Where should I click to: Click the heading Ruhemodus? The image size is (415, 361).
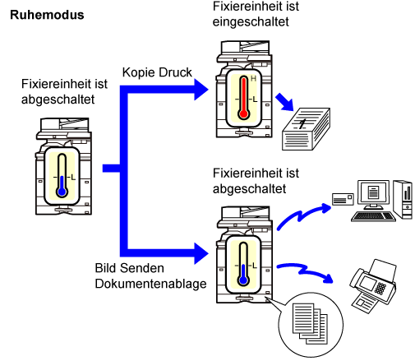(x=47, y=15)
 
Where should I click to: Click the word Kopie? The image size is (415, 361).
(x=139, y=72)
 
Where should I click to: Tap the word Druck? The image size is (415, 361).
(x=175, y=72)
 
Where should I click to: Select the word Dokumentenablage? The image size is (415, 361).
(x=150, y=284)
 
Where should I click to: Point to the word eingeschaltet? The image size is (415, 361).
(x=251, y=21)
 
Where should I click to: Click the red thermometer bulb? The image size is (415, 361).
(x=243, y=113)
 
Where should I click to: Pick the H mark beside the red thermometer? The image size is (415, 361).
(x=253, y=79)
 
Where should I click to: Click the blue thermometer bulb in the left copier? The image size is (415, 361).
(x=62, y=192)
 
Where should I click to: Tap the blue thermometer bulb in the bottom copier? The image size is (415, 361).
(x=243, y=280)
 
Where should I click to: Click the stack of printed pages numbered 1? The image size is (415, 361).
(x=306, y=129)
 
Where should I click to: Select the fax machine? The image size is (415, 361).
(x=373, y=286)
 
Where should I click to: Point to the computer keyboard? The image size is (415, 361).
(x=374, y=216)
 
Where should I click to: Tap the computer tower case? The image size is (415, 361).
(x=403, y=200)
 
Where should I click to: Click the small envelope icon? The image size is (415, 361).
(x=343, y=199)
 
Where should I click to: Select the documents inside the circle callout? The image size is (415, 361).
(x=310, y=323)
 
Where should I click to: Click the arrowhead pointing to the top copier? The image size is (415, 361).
(x=201, y=90)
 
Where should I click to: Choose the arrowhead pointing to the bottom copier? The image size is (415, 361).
(x=201, y=253)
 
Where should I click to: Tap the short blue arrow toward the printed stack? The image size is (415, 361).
(x=285, y=102)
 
